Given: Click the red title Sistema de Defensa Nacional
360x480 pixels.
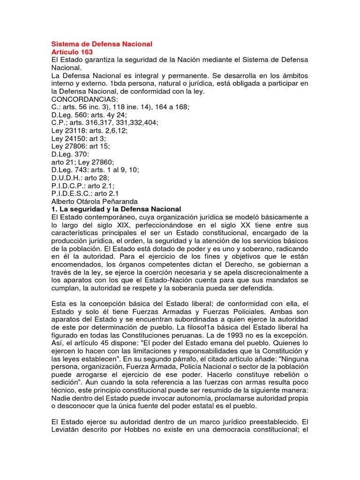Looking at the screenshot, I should tap(102, 44).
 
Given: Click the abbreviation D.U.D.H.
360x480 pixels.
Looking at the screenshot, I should tap(66, 178).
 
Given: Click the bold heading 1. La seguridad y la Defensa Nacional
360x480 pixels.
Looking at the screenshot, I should tap(116, 209).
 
